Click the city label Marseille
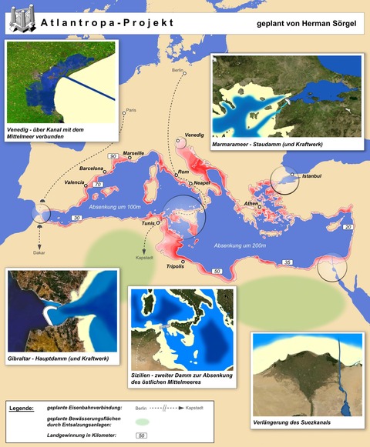(133, 153)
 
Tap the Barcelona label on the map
(92, 168)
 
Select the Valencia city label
(75, 182)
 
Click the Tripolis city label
(175, 265)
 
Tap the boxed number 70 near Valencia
(97, 185)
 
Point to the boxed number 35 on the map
(288, 263)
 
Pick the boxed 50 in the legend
(141, 436)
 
